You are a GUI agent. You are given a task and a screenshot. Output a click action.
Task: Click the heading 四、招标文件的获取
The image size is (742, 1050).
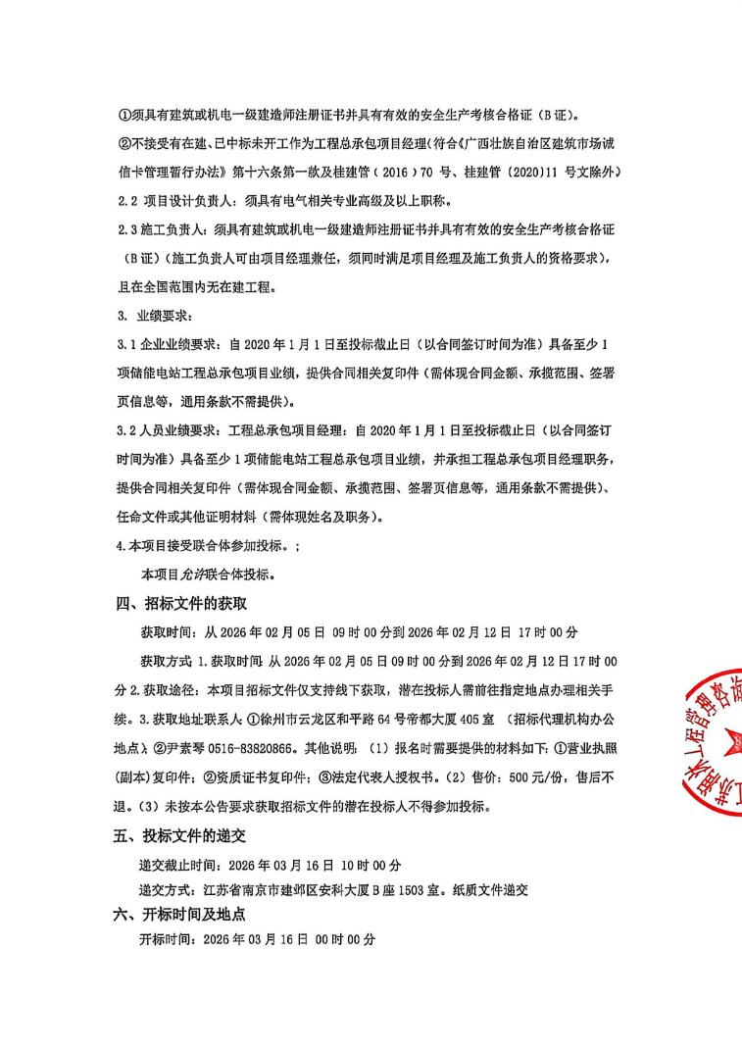181,603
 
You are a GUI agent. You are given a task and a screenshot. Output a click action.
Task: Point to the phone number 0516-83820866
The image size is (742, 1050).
255,746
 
